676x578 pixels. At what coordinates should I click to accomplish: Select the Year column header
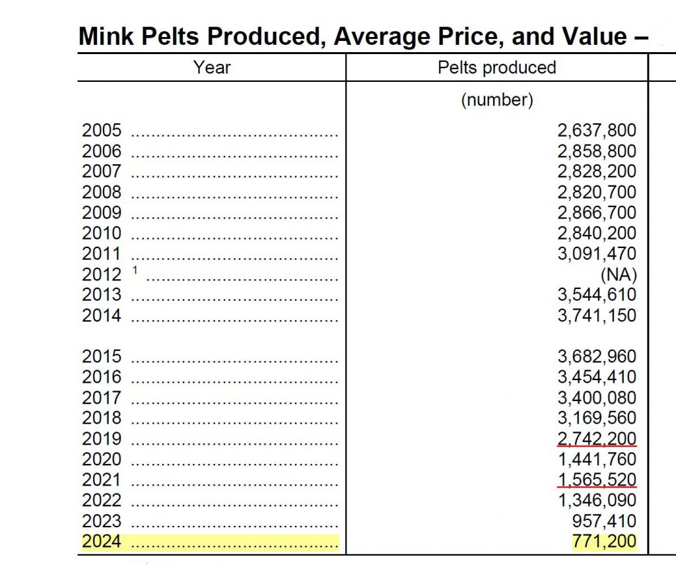click(x=212, y=67)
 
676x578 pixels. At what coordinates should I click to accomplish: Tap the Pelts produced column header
click(x=496, y=67)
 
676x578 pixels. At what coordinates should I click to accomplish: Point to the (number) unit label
click(x=496, y=100)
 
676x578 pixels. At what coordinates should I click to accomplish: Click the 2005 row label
click(x=102, y=131)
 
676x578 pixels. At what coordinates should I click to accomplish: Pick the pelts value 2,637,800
click(x=597, y=131)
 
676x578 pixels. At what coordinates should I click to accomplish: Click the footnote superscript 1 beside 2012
click(x=135, y=270)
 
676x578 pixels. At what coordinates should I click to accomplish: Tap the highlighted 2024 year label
click(x=102, y=542)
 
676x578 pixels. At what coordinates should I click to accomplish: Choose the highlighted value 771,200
click(x=604, y=542)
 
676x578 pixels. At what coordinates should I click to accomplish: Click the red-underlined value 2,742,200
click(x=597, y=439)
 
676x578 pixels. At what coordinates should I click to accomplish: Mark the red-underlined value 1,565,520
click(x=597, y=480)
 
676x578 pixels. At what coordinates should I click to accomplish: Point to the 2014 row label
click(x=102, y=315)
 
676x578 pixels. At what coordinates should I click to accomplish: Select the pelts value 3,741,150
click(x=597, y=315)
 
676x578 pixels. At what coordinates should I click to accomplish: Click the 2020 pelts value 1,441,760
click(x=597, y=459)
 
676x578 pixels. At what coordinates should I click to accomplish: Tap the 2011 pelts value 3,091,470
click(x=597, y=254)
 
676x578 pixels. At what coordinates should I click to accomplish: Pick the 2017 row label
click(x=102, y=398)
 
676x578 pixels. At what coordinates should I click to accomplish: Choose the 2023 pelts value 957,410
click(x=604, y=521)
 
